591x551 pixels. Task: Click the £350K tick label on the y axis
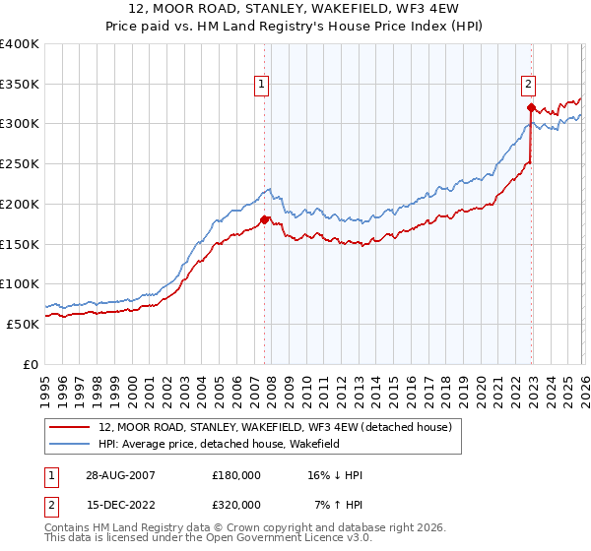20,84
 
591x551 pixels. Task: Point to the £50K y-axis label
23,324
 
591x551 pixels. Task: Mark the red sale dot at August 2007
264,219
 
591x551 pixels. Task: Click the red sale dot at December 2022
531,107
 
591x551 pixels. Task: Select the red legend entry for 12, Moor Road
275,427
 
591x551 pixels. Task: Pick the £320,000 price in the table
236,504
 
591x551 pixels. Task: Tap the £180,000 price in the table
236,475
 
